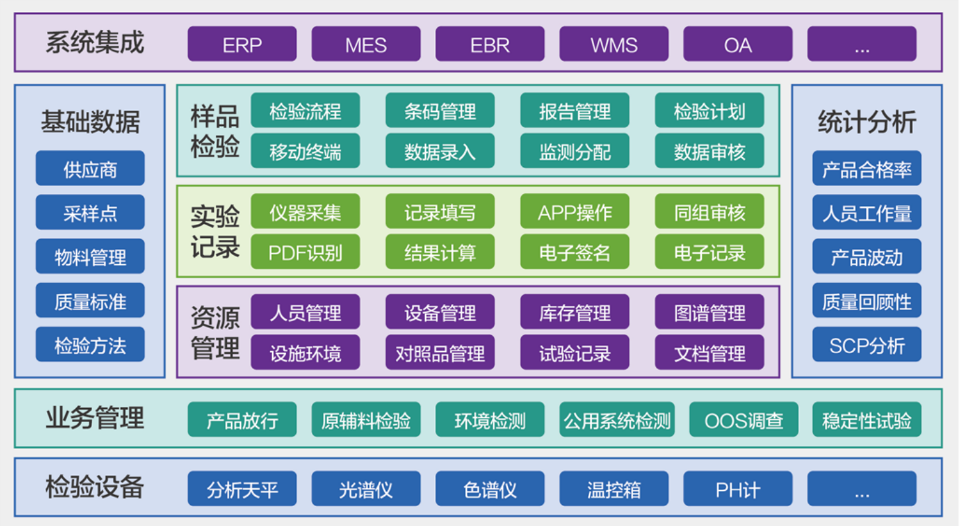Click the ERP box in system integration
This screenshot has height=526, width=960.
click(242, 44)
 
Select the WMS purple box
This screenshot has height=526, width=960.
click(614, 44)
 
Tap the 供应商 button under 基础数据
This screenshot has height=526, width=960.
click(90, 169)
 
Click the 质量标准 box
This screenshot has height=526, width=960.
click(90, 301)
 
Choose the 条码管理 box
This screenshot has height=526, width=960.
click(440, 111)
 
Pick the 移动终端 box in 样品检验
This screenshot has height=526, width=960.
click(305, 152)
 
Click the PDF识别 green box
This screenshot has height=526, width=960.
click(305, 252)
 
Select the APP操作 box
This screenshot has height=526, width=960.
click(575, 212)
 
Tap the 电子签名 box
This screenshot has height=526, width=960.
click(575, 252)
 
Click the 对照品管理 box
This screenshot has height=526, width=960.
click(440, 353)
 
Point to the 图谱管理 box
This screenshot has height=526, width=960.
click(710, 313)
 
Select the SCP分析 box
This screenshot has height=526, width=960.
click(867, 345)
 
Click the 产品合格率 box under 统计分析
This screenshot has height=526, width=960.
click(867, 169)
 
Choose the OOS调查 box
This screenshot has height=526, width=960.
click(744, 420)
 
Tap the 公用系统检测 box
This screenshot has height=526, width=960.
click(617, 420)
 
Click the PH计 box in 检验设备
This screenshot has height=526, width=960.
click(738, 490)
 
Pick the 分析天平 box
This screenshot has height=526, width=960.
click(242, 490)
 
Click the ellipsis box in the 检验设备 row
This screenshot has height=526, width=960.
click(862, 490)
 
